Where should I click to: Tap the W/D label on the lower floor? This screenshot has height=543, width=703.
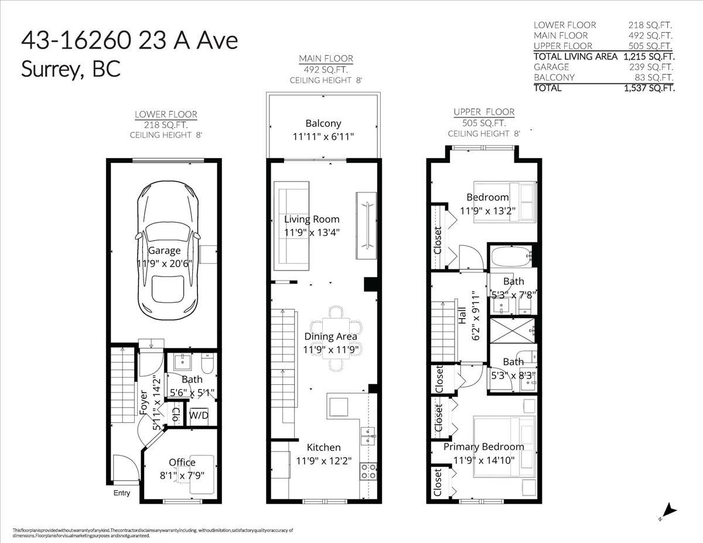(198, 415)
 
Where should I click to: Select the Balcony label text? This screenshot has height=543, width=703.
(323, 124)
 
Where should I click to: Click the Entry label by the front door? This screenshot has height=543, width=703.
(121, 493)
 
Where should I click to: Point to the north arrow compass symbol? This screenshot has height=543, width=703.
(668, 511)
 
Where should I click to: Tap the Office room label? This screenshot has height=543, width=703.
(182, 463)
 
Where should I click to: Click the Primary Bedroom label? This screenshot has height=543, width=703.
(483, 447)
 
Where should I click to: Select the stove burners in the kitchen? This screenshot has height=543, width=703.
(368, 471)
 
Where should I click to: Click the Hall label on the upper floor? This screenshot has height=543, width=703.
(463, 316)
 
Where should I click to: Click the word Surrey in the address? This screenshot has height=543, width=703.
(45, 69)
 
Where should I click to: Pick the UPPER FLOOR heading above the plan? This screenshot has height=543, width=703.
(484, 112)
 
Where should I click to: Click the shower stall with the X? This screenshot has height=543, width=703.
(513, 331)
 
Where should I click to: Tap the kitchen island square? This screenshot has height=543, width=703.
(338, 406)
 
